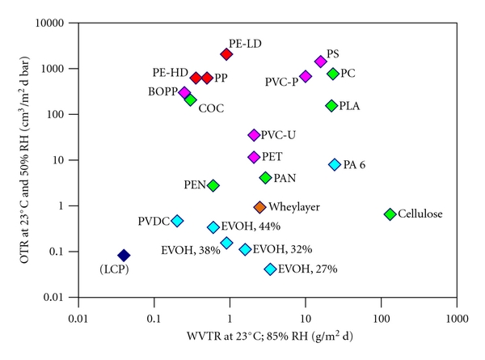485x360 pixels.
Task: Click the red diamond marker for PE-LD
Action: pyautogui.click(x=226, y=54)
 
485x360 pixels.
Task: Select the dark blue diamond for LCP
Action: pyautogui.click(x=124, y=256)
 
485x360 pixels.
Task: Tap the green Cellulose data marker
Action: pyautogui.click(x=390, y=214)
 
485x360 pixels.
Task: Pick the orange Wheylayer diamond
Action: pyautogui.click(x=259, y=208)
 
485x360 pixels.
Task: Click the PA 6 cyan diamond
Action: pyautogui.click(x=335, y=165)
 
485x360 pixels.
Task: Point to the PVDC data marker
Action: pyautogui.click(x=177, y=221)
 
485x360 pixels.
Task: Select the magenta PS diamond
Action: pyautogui.click(x=320, y=61)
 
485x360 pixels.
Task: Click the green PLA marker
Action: pyautogui.click(x=331, y=106)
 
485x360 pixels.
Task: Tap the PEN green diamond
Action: pyautogui.click(x=213, y=185)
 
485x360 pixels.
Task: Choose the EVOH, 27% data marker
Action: pyautogui.click(x=270, y=269)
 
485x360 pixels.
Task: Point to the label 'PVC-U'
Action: pyautogui.click(x=279, y=135)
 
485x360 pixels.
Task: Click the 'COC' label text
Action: pyautogui.click(x=212, y=108)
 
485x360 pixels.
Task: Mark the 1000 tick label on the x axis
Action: pyautogui.click(x=458, y=307)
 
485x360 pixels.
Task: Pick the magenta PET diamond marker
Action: pyautogui.click(x=254, y=157)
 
